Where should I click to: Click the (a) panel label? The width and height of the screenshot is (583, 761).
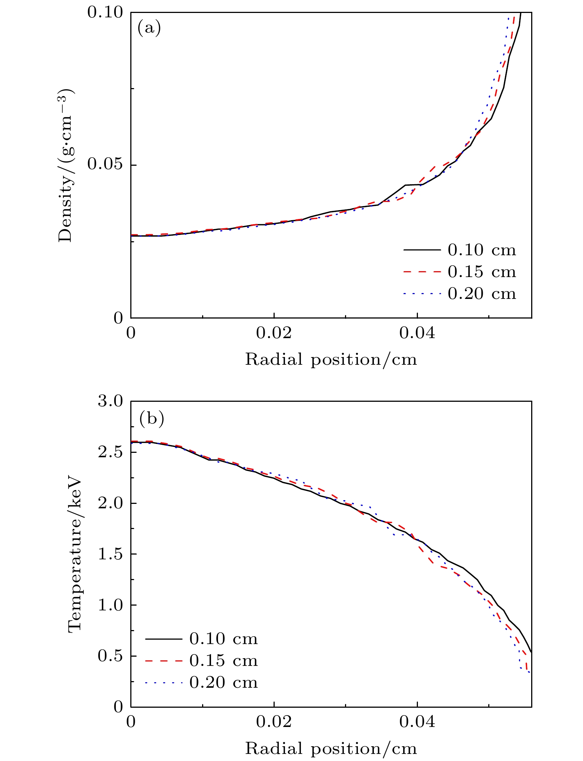click(x=149, y=28)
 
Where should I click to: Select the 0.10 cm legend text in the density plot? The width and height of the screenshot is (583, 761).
click(x=482, y=250)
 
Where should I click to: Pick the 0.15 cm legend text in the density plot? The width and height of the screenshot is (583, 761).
click(x=482, y=272)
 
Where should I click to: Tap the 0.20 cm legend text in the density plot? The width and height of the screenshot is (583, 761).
click(x=482, y=294)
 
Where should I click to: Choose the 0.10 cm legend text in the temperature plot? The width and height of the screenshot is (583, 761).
click(x=223, y=639)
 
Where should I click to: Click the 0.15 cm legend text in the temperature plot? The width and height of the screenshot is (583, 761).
click(x=223, y=661)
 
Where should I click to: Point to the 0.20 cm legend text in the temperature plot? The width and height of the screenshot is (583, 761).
click(x=223, y=683)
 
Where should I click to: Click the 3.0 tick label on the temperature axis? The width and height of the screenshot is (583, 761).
click(x=110, y=401)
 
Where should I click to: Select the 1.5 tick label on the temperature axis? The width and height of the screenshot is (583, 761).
click(x=110, y=554)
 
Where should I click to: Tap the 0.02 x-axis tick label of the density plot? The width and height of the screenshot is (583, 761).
click(x=274, y=333)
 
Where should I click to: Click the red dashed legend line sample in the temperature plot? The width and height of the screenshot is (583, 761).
click(x=164, y=661)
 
